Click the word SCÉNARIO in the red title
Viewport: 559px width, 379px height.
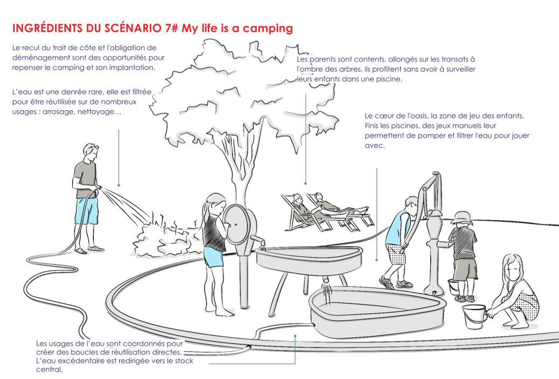coord(133,28)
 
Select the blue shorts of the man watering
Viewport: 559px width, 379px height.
coord(86,211)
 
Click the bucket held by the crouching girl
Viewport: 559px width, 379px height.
coord(474,317)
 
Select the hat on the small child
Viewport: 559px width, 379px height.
coord(462,218)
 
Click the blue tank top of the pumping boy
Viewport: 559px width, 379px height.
coord(397,228)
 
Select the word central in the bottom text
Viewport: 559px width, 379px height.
coord(49,369)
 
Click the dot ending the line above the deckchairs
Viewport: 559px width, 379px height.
coord(305,184)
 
